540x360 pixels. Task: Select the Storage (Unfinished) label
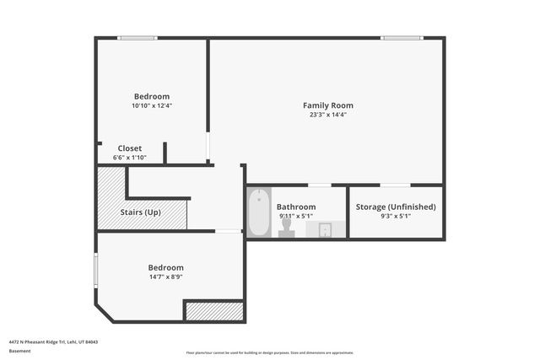click(396, 207)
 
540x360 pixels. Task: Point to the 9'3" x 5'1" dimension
click(396, 217)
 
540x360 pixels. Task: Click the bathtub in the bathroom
click(258, 212)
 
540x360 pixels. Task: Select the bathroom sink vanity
click(326, 228)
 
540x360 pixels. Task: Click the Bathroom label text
click(296, 207)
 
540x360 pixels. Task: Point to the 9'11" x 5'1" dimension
click(296, 217)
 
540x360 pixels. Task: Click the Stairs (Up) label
click(141, 212)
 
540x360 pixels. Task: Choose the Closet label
click(129, 148)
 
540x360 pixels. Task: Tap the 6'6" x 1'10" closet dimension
click(129, 158)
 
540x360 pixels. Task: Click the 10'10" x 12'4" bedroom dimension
click(152, 106)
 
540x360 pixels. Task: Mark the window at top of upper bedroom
click(137, 38)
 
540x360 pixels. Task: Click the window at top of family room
click(402, 38)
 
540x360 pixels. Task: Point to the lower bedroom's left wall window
click(96, 270)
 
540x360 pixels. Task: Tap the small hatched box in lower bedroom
click(214, 310)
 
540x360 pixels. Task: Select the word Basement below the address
click(20, 352)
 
